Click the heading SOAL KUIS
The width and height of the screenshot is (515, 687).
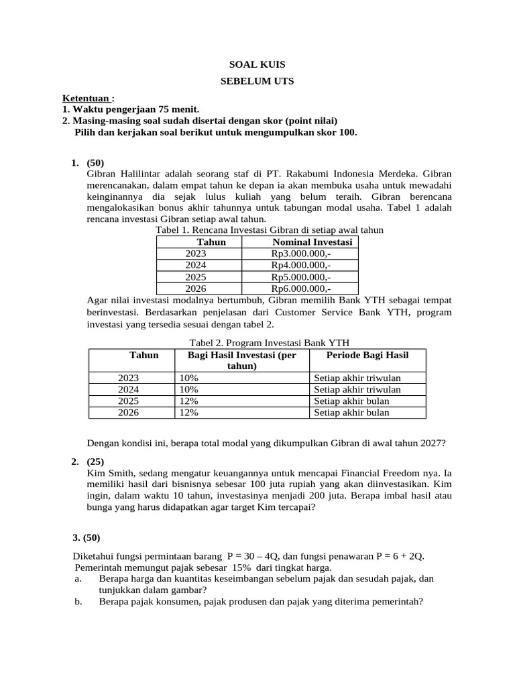tap(257, 64)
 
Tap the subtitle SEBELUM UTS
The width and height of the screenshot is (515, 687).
tap(257, 81)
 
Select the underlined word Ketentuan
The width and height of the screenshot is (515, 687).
tap(84, 98)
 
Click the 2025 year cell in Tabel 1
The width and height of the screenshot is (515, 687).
tap(196, 277)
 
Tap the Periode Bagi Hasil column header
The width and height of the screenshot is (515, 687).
tap(367, 355)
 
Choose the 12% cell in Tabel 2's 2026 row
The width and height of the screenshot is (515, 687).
tap(188, 413)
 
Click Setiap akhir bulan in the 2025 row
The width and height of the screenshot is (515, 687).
tap(351, 401)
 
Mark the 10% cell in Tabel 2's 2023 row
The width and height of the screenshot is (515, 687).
tap(188, 378)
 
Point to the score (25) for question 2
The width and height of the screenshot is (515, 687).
tap(96, 462)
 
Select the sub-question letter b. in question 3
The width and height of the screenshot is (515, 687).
tap(78, 602)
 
